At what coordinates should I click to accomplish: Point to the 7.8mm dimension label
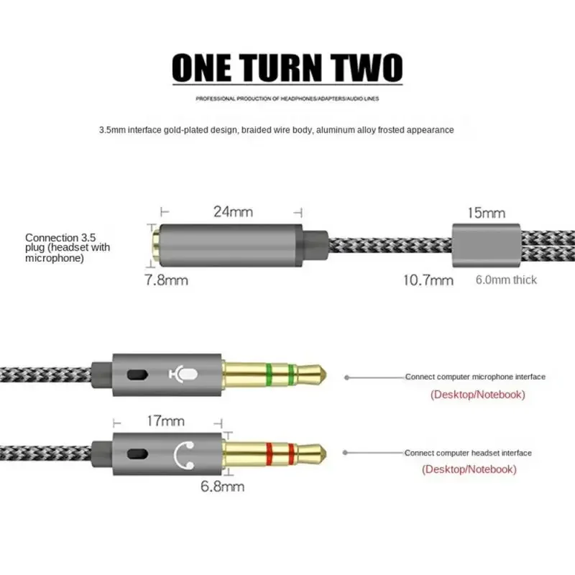pyautogui.click(x=166, y=280)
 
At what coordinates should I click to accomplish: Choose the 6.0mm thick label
pyautogui.click(x=506, y=280)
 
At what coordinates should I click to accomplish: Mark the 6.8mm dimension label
pyautogui.click(x=222, y=487)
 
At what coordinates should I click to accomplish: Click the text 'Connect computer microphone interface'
pyautogui.click(x=475, y=377)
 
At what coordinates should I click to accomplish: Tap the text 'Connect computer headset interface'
pyautogui.click(x=469, y=453)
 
